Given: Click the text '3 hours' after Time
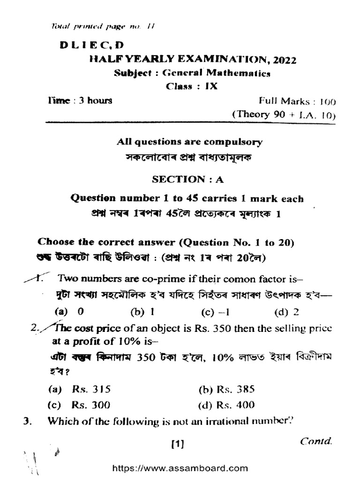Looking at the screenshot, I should [95, 100].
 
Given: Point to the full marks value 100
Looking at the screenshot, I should [327, 101].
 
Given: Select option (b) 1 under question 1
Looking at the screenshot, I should [142, 311].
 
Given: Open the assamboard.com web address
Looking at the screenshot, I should [180, 468].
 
